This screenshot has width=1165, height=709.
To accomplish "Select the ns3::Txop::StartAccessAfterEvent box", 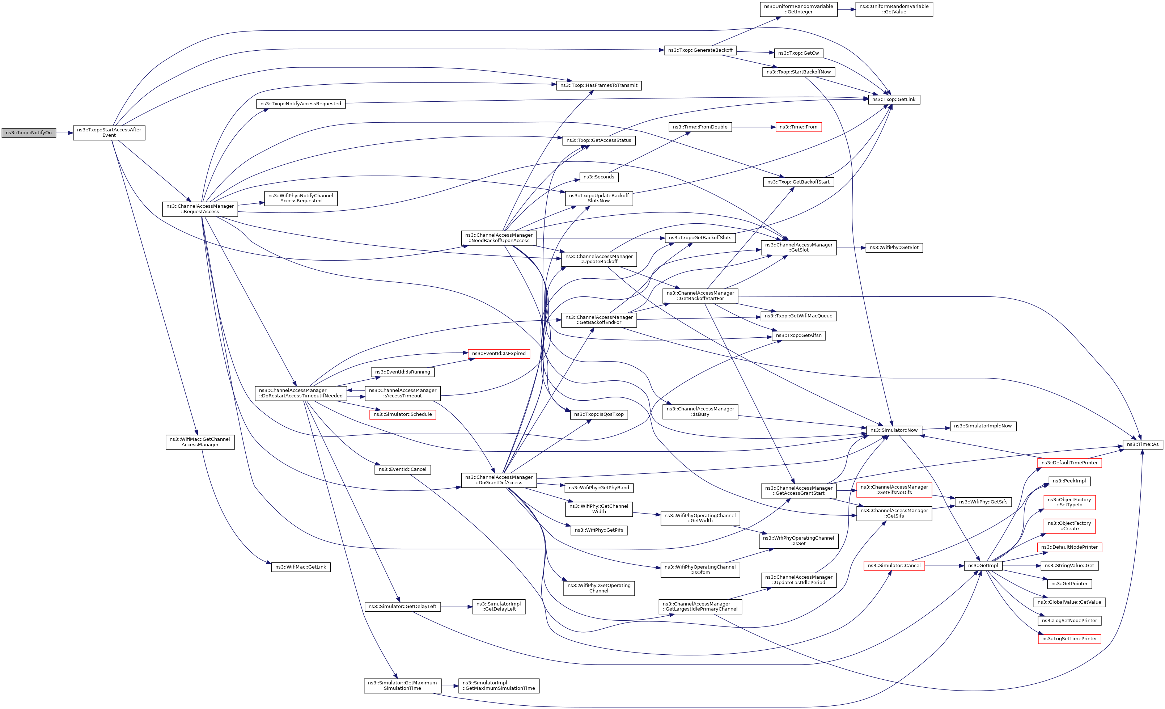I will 109,133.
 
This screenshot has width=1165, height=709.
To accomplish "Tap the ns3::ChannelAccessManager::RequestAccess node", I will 200,209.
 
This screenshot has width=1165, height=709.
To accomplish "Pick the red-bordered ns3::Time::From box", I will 798,127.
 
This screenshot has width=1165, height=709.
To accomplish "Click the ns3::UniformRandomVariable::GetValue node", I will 894,9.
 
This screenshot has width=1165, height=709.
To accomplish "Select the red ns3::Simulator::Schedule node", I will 402,415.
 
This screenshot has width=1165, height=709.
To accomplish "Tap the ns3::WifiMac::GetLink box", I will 301,567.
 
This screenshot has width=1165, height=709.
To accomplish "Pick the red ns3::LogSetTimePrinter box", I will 1069,639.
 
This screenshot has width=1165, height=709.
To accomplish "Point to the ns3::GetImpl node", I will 983,566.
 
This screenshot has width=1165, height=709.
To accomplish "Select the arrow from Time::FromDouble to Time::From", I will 754,127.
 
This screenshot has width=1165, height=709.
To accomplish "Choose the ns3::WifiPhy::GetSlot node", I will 894,248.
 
